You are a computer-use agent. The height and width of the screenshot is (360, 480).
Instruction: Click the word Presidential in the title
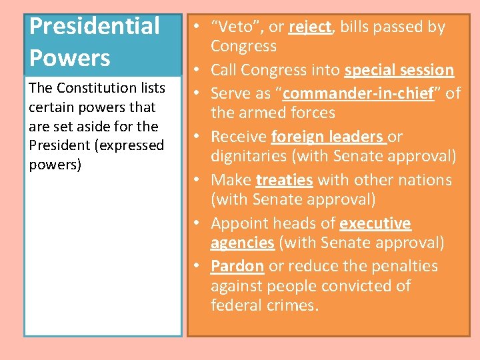(x=95, y=27)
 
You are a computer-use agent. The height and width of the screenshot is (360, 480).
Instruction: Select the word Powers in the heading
(x=69, y=58)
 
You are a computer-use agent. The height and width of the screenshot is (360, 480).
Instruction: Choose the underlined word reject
(x=310, y=27)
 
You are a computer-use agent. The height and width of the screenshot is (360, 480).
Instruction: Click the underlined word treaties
(x=284, y=180)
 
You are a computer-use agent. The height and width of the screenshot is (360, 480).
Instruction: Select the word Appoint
(x=239, y=223)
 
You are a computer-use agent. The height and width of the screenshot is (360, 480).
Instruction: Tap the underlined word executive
(x=375, y=223)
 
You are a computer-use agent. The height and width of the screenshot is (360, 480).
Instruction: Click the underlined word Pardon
(x=237, y=266)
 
